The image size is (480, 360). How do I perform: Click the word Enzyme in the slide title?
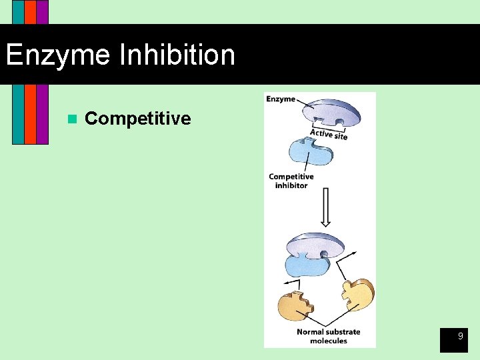coord(58,55)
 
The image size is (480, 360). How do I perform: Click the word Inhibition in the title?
coord(177,55)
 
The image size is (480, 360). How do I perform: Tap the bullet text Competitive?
coord(138,119)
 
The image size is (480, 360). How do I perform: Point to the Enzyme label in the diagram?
coord(281,99)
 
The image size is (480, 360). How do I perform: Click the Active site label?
coord(328,134)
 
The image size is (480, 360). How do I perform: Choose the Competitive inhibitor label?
coord(291,181)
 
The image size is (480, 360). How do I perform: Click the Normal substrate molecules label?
coord(328,336)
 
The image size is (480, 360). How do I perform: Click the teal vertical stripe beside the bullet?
coord(18,113)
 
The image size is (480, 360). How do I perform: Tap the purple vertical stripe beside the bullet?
coord(42,113)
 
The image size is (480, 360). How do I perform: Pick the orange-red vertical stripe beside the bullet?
coord(30,113)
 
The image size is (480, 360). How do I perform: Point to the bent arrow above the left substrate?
coord(291,283)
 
